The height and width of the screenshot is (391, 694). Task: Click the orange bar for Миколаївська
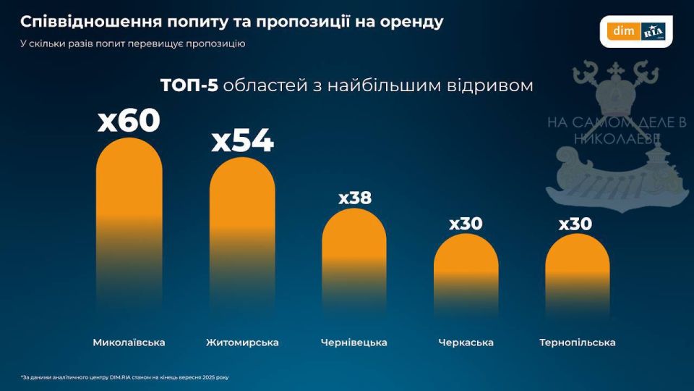pyautogui.click(x=129, y=217)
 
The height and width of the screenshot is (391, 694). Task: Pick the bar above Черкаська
pyautogui.click(x=466, y=268)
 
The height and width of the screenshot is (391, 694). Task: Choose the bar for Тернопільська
pyautogui.click(x=577, y=268)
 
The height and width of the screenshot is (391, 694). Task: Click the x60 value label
pyautogui.click(x=129, y=121)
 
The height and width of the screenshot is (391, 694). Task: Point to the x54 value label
pyautogui.click(x=242, y=141)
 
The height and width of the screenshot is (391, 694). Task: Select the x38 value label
pyautogui.click(x=354, y=198)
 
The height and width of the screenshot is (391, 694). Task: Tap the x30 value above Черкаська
pyautogui.click(x=466, y=224)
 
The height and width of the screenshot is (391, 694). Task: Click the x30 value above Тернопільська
pyautogui.click(x=575, y=224)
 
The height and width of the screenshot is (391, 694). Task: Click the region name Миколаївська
pyautogui.click(x=129, y=342)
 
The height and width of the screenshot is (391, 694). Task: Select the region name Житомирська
pyautogui.click(x=242, y=342)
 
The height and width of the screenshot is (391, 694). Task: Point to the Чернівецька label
pyautogui.click(x=354, y=342)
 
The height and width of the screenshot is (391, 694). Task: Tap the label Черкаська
pyautogui.click(x=466, y=342)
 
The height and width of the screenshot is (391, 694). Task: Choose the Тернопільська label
pyautogui.click(x=577, y=342)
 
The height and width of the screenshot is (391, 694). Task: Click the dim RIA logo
pyautogui.click(x=636, y=31)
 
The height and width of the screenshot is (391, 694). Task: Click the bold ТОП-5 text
pyautogui.click(x=189, y=85)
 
